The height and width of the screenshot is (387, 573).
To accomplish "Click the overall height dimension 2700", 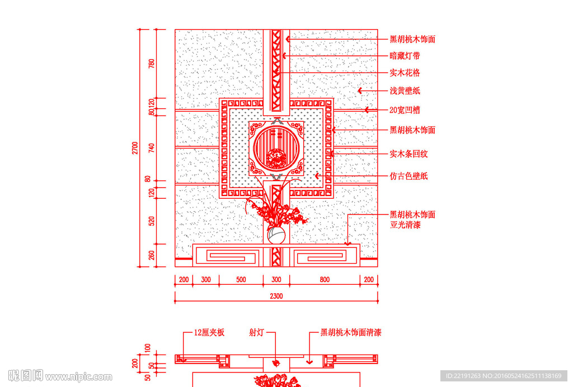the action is click(135, 148).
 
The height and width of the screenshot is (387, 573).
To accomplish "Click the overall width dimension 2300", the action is click(276, 296).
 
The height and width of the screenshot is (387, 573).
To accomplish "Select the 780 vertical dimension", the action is click(151, 64).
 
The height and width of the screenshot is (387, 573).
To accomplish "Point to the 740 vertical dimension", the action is click(151, 148).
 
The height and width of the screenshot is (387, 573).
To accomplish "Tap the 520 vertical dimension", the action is click(151, 221).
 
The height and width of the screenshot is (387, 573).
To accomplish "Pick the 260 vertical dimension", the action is click(151, 255).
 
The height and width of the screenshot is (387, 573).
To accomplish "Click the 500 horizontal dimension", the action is click(241, 279).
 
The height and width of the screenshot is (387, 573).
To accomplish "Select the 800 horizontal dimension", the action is click(325, 279).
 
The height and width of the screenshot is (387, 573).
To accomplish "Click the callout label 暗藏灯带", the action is click(405, 56).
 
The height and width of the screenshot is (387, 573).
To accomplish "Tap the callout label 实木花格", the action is click(405, 73).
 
